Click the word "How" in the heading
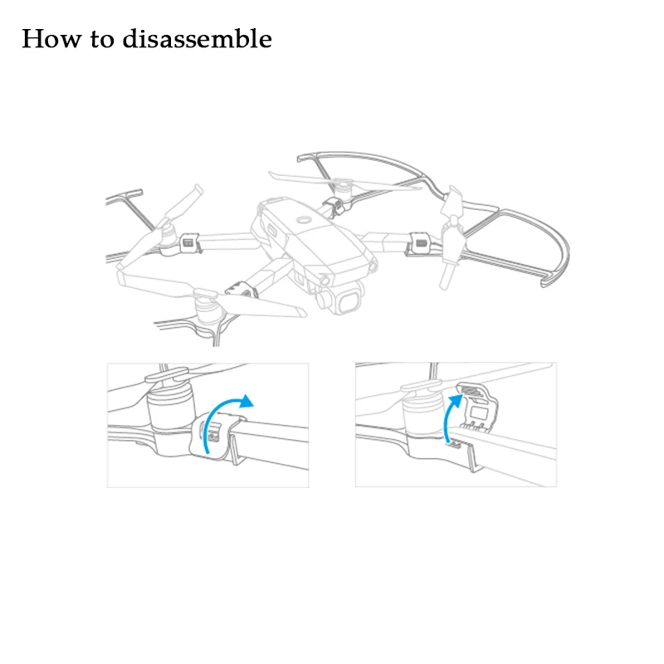[x=51, y=38]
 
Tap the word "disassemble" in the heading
[x=197, y=38]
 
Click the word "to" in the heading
[x=102, y=40]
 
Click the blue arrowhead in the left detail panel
[x=245, y=401]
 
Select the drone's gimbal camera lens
[x=349, y=300]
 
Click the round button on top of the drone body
[x=304, y=220]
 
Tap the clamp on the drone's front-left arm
[x=242, y=290]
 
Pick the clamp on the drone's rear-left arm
[x=190, y=243]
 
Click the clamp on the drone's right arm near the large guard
[x=419, y=243]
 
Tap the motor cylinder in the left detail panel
[x=171, y=408]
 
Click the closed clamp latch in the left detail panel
[x=212, y=435]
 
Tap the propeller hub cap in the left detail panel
[x=167, y=375]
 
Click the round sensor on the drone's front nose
[x=326, y=281]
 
